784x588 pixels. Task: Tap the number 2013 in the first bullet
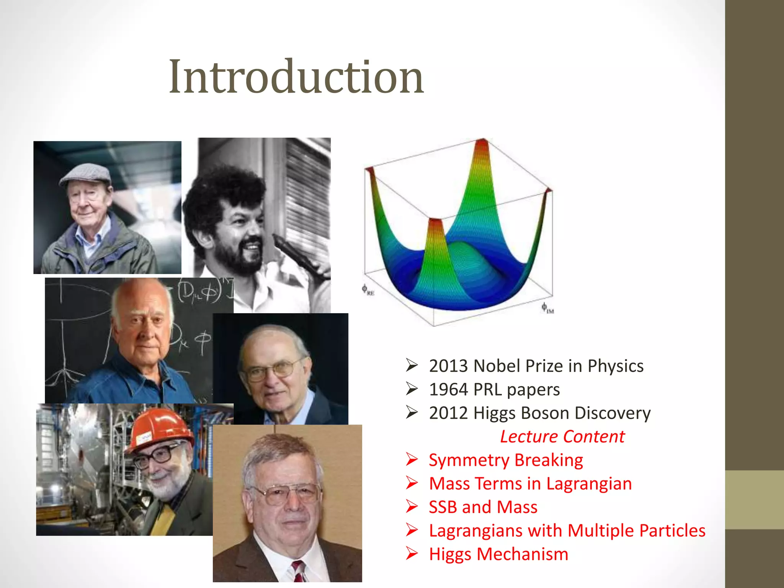pos(448,366)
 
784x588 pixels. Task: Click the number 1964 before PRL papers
pos(448,390)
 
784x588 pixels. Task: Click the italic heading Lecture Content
pos(562,437)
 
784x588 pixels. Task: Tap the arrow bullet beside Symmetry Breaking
pos(412,459)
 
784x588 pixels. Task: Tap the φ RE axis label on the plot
pos(367,290)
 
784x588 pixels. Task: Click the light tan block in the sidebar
pos(754,500)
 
